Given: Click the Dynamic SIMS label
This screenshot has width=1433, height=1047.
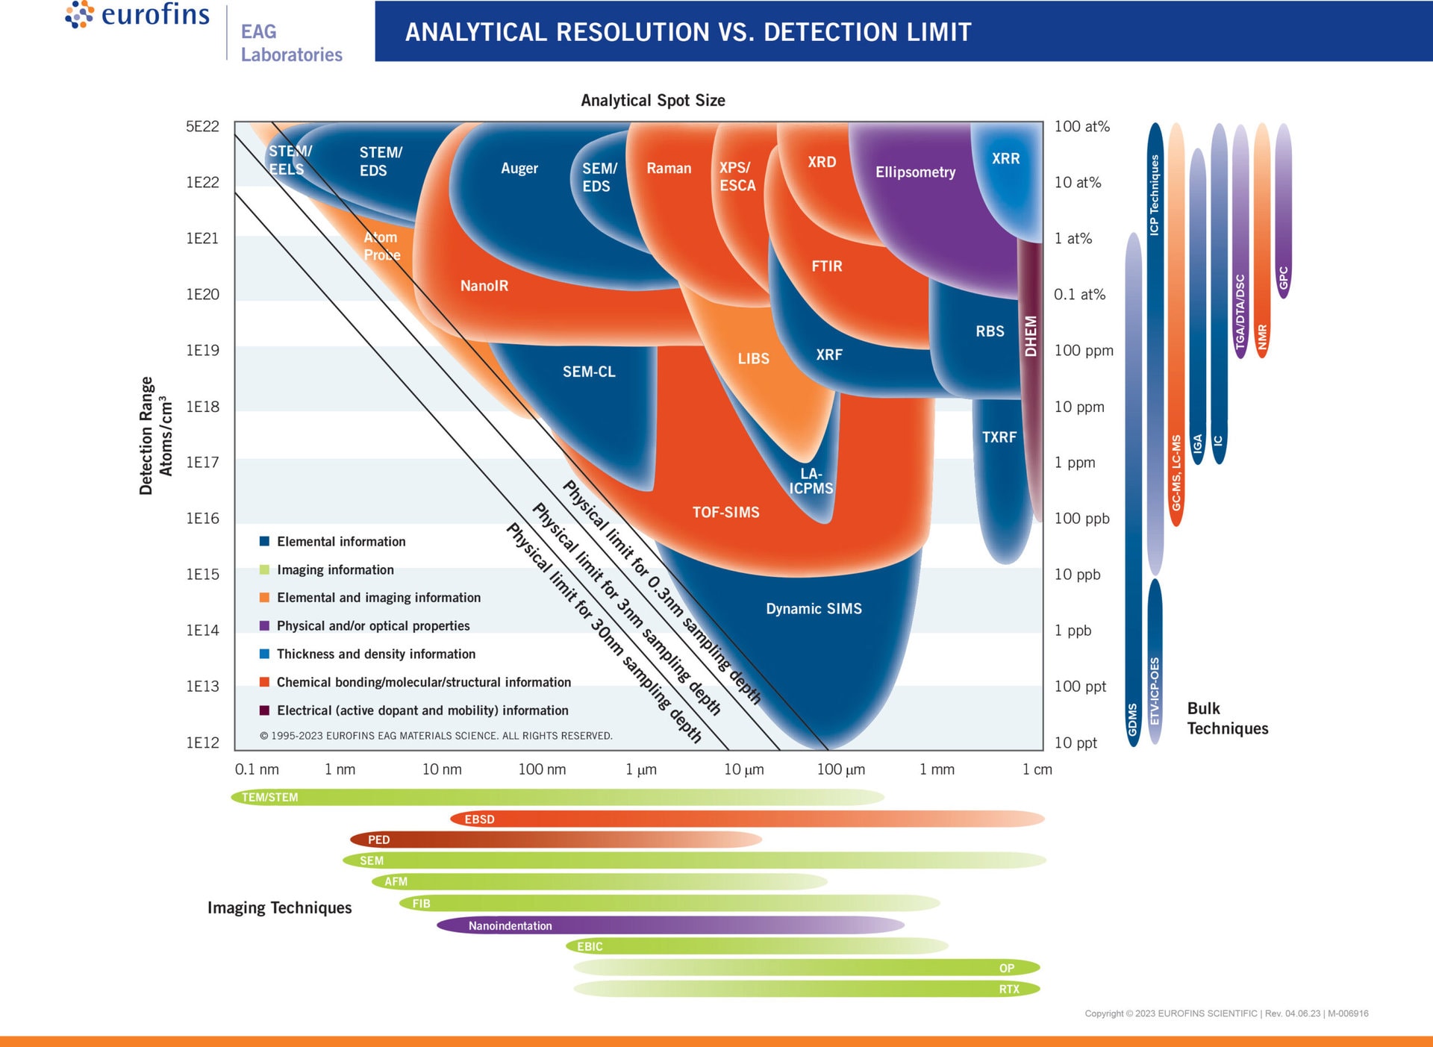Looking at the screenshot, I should tap(814, 609).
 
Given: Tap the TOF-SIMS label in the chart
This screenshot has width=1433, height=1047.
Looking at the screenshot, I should tap(725, 513).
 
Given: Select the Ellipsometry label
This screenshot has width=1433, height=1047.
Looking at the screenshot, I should tap(915, 172).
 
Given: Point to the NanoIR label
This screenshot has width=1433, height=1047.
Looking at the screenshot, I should tap(484, 286).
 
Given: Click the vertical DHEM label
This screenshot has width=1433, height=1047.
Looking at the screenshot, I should tap(1031, 336).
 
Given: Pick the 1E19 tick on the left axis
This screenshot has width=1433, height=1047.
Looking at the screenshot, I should tap(202, 351).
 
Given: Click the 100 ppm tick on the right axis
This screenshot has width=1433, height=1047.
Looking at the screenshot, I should tap(1083, 351).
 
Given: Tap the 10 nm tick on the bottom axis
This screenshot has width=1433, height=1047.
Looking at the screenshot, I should tap(442, 769).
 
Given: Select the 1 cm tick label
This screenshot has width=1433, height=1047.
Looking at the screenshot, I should tap(1037, 769).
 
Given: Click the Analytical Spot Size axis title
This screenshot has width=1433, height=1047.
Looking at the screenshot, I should tap(652, 101).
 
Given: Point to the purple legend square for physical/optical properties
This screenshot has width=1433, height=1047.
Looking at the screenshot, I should tap(264, 626).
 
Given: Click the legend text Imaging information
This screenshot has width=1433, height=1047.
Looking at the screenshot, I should tap(335, 570).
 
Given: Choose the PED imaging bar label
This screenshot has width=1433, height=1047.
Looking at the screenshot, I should tap(378, 840).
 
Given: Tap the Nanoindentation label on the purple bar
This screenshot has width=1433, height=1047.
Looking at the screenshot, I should tap(510, 926).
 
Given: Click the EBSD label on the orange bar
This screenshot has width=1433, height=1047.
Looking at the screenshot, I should tap(479, 819).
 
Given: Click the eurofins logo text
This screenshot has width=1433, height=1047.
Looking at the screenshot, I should tap(155, 15).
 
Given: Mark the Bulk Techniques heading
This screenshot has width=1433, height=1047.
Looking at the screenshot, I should tap(1227, 718).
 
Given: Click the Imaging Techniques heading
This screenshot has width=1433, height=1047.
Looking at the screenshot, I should tap(279, 908).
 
